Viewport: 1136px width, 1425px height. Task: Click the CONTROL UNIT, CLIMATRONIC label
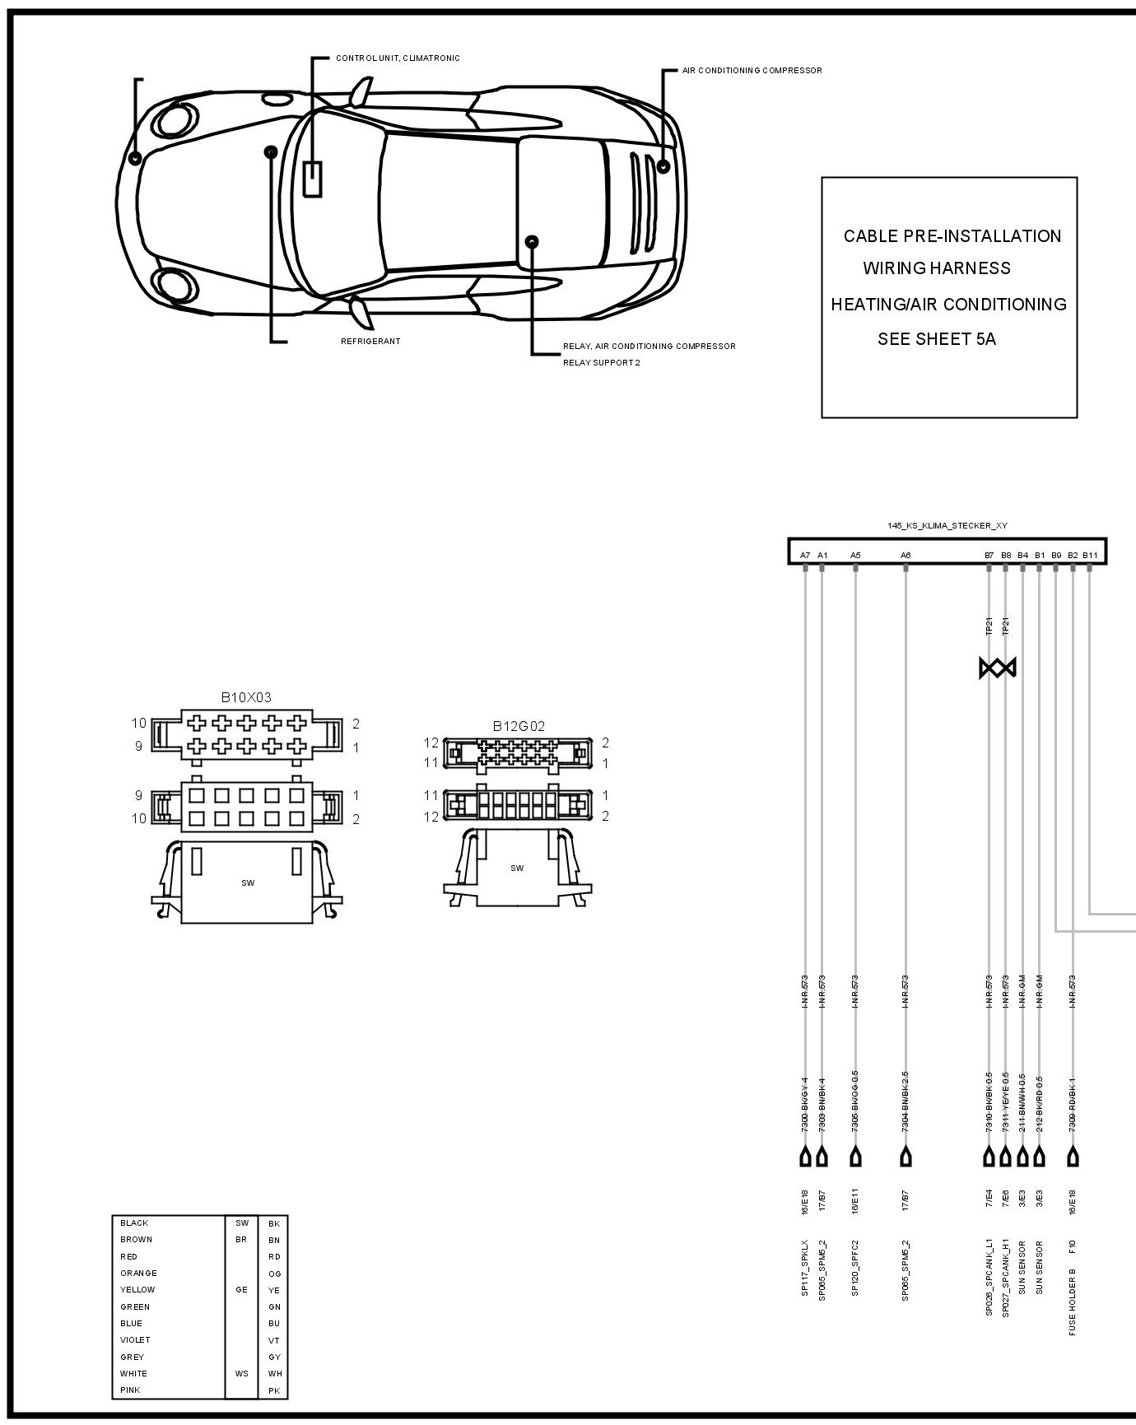tap(398, 58)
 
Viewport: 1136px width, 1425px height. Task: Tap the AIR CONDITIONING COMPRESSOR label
tap(752, 71)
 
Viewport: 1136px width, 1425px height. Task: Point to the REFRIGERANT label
tap(370, 342)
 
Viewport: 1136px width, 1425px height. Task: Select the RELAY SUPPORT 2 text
tap(601, 363)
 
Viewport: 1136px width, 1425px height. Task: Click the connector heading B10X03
tap(245, 697)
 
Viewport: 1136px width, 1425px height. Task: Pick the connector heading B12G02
tap(519, 726)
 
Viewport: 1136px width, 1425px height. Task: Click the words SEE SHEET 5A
tap(937, 339)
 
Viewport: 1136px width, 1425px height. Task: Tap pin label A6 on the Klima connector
tap(906, 556)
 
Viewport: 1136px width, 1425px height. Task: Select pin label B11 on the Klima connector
tap(1090, 556)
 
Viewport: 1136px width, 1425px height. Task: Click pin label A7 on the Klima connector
tap(805, 556)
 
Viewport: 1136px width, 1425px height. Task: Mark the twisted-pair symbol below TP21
tap(998, 668)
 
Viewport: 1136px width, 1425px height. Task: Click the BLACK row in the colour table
tap(134, 1223)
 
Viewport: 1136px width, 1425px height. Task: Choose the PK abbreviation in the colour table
tap(274, 1390)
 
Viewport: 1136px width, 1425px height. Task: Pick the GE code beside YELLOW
tap(241, 1290)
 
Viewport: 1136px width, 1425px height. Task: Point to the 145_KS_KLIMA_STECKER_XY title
tap(947, 525)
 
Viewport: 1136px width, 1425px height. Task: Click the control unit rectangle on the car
tap(313, 179)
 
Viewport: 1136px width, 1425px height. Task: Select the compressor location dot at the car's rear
tap(664, 166)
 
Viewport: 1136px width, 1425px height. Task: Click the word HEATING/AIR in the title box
tap(883, 305)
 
